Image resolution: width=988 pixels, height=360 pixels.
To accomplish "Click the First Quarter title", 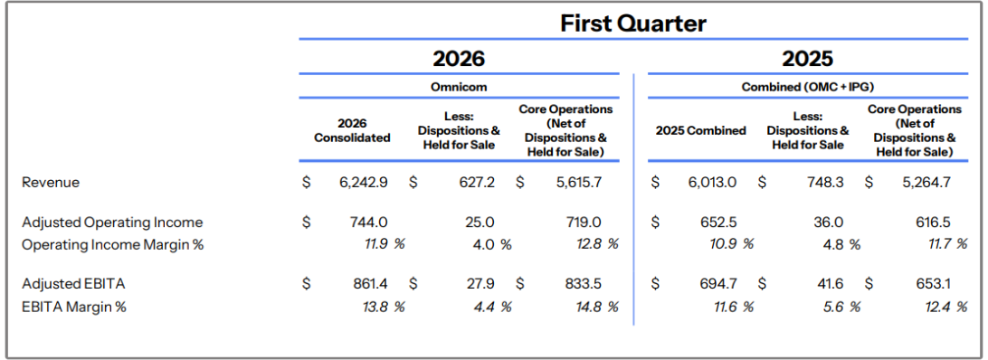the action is pyautogui.click(x=633, y=24).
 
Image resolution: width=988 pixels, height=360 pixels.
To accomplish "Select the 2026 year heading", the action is pyautogui.click(x=459, y=59).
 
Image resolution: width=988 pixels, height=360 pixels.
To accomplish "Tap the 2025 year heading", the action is pyautogui.click(x=808, y=59).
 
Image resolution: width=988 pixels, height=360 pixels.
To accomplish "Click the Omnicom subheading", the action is pyautogui.click(x=459, y=87).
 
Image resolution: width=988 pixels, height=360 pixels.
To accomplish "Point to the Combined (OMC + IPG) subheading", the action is pyautogui.click(x=808, y=87).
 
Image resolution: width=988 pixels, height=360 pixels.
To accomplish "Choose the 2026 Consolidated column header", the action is pyautogui.click(x=352, y=130).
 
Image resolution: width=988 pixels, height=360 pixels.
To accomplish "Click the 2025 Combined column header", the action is pyautogui.click(x=700, y=130).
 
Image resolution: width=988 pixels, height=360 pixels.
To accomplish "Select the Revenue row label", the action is pyautogui.click(x=51, y=183).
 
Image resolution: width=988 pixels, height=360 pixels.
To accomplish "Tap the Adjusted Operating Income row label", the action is pyautogui.click(x=113, y=223).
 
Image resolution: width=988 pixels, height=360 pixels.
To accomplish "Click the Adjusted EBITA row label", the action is pyautogui.click(x=73, y=284).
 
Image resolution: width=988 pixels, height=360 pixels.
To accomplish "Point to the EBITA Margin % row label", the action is pyautogui.click(x=74, y=307).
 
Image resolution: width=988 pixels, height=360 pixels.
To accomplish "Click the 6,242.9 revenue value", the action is pyautogui.click(x=365, y=183).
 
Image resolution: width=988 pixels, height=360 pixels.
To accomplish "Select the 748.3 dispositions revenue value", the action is pyautogui.click(x=826, y=183).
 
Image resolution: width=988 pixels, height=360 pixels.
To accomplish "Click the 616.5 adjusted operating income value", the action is pyautogui.click(x=933, y=223).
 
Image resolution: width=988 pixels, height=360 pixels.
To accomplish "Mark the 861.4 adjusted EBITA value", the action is pyautogui.click(x=370, y=284).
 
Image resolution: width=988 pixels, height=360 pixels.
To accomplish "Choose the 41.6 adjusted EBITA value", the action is pyautogui.click(x=831, y=284).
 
